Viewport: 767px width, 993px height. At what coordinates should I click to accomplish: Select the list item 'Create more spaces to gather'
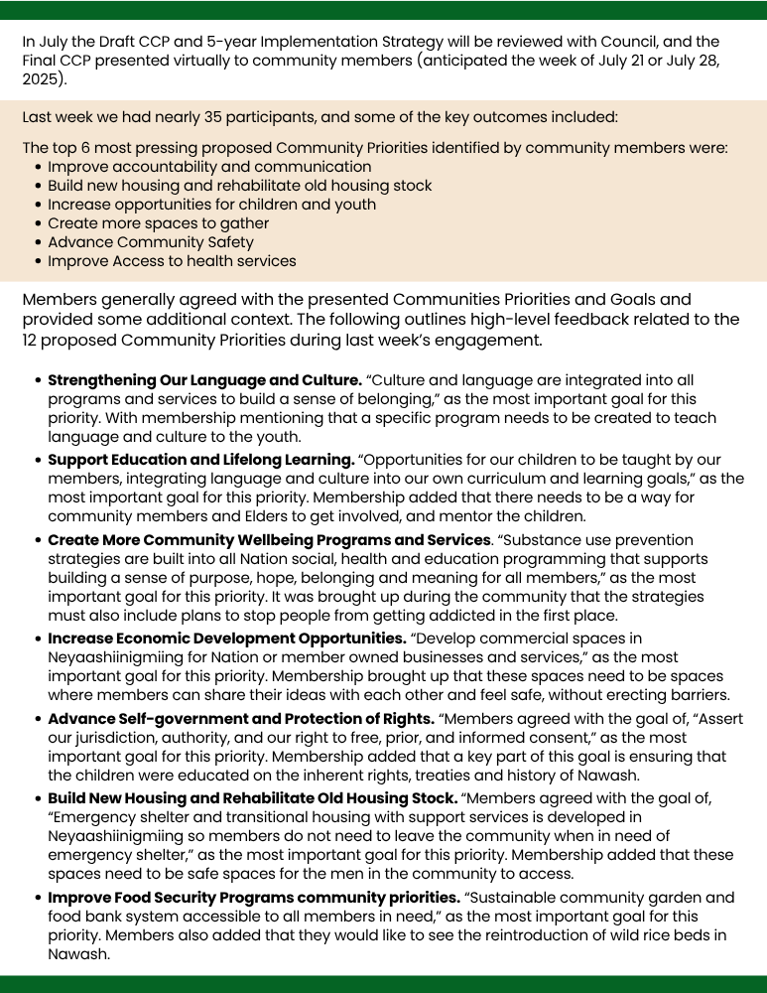pyautogui.click(x=158, y=223)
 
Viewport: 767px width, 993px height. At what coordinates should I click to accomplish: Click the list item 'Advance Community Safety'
pyautogui.click(x=151, y=242)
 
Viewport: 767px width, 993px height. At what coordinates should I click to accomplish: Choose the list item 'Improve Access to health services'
pyautogui.click(x=172, y=261)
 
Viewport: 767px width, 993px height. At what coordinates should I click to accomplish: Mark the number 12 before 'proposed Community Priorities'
pyautogui.click(x=32, y=340)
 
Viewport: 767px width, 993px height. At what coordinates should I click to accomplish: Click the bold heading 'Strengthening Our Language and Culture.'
pyautogui.click(x=204, y=380)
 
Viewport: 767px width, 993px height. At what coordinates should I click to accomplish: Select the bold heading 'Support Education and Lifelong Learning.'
pyautogui.click(x=201, y=461)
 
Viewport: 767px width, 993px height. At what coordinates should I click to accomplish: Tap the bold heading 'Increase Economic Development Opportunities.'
pyautogui.click(x=227, y=638)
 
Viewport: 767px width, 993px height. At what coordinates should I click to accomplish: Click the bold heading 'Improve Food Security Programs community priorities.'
pyautogui.click(x=254, y=898)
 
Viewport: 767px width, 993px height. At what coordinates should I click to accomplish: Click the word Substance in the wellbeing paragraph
pyautogui.click(x=546, y=540)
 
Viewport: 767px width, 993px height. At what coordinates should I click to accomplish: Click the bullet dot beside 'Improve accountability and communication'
pyautogui.click(x=38, y=167)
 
